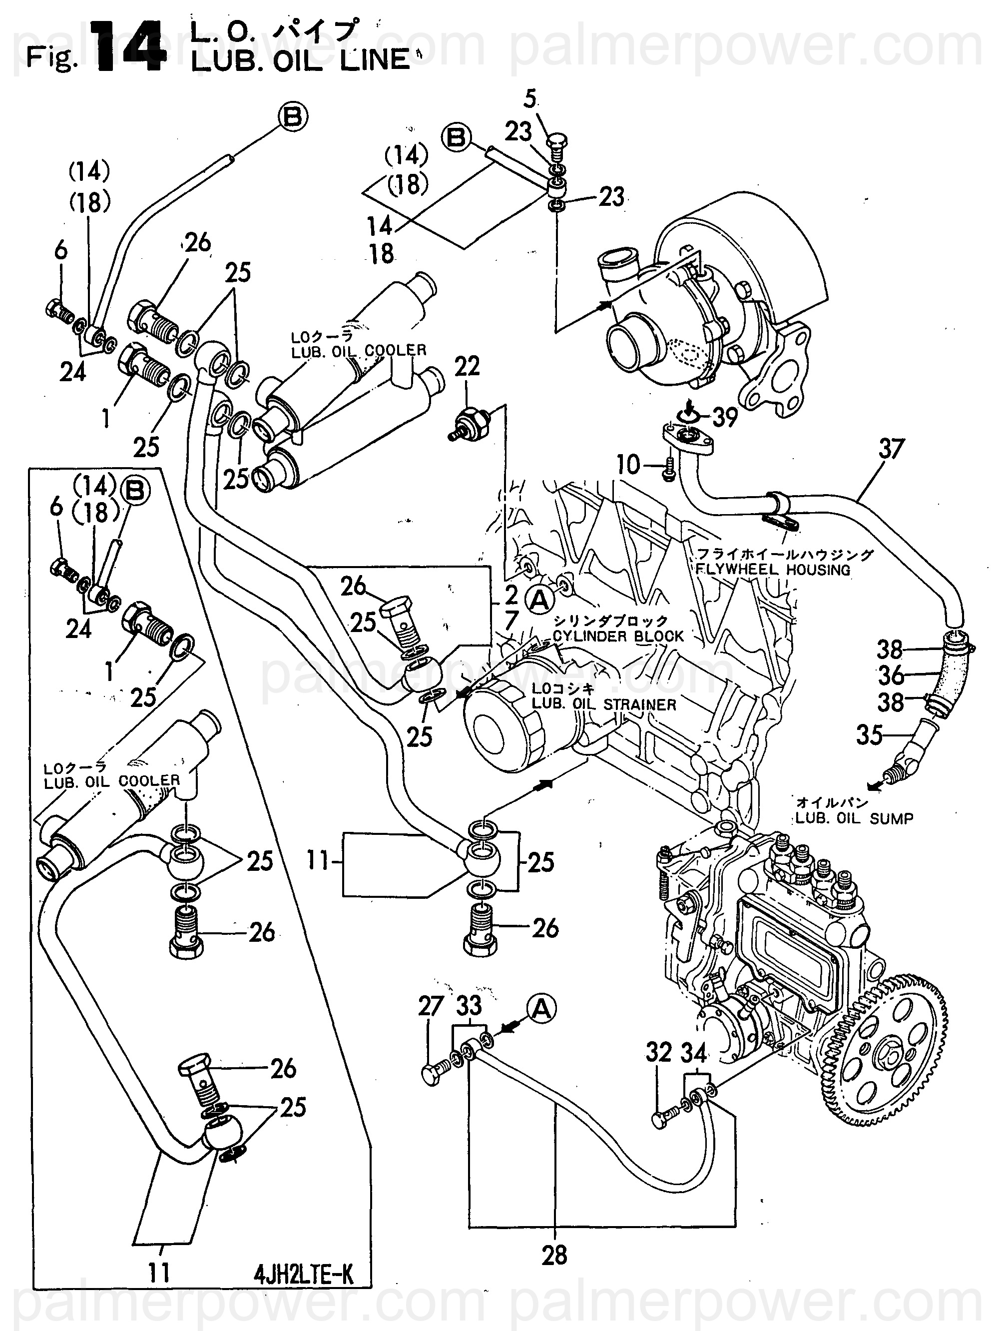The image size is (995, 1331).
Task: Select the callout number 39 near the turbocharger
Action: pos(724,417)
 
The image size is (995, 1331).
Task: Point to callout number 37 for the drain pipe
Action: pos(891,449)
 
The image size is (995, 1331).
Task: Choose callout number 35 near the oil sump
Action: pos(869,734)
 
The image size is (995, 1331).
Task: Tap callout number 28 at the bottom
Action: pos(554,1255)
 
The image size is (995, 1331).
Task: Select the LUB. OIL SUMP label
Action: pos(854,818)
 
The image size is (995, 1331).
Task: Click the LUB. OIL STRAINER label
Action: pos(604,704)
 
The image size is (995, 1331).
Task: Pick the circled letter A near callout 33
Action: pos(541,1009)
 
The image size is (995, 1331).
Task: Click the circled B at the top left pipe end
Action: pos(292,117)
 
